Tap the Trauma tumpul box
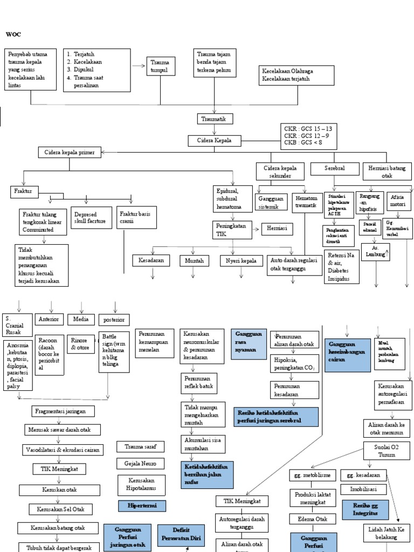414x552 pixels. pyautogui.click(x=160, y=66)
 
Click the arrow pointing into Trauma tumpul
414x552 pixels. pyautogui.click(x=138, y=66)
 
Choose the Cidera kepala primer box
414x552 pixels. pyautogui.click(x=69, y=153)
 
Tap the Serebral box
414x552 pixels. pyautogui.click(x=334, y=169)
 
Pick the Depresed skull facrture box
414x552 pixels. pyautogui.click(x=91, y=218)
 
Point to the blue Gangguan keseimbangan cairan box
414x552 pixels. pyautogui.click(x=348, y=354)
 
